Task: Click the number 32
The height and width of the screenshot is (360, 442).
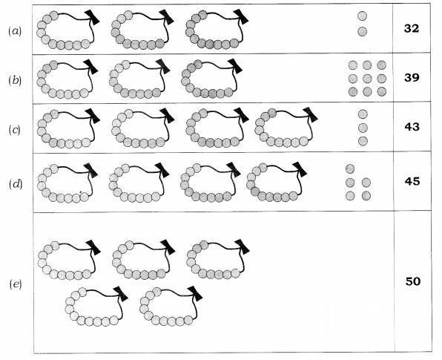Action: point(412,28)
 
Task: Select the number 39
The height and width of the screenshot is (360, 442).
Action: point(412,77)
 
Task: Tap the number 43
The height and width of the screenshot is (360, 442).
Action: point(412,127)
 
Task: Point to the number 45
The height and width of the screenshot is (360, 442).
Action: point(412,181)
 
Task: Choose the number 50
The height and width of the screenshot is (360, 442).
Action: point(413,281)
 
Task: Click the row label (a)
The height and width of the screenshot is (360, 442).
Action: point(15,30)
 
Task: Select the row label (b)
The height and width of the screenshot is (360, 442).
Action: point(15,81)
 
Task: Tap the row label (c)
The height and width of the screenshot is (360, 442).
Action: point(14,130)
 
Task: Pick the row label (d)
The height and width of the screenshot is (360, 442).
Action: point(16,184)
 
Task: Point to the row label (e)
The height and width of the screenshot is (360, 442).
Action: point(16,284)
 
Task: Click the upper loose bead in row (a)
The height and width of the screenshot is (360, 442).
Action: point(362,16)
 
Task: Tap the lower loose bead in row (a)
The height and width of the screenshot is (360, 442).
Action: point(362,31)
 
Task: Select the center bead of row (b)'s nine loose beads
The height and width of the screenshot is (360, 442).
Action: point(367,79)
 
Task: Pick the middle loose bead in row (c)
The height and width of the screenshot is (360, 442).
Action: point(363,128)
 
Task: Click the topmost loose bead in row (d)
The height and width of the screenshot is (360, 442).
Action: point(350,168)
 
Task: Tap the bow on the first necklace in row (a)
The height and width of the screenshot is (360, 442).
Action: point(92,17)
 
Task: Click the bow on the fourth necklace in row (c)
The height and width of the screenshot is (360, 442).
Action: point(311,115)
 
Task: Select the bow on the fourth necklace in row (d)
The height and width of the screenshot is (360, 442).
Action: point(300,169)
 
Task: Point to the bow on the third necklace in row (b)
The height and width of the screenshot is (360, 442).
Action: point(235,67)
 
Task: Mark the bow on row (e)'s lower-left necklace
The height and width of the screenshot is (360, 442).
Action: point(121,294)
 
